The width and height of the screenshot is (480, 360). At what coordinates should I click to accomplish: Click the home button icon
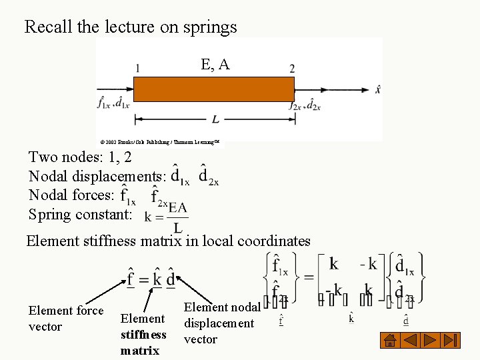pos(391,340)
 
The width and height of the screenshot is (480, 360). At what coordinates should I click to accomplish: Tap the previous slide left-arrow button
pos(411,340)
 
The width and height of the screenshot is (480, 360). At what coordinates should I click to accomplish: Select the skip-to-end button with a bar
pos(451,340)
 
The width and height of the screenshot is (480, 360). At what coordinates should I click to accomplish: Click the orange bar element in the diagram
pos(214,89)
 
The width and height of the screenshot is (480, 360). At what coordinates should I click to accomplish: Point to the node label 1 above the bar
pos(137,67)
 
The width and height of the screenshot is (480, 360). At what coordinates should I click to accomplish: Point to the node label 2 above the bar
pos(292,68)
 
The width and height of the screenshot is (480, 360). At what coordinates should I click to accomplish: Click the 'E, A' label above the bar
pos(215,64)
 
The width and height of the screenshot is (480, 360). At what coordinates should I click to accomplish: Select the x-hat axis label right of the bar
pos(378,89)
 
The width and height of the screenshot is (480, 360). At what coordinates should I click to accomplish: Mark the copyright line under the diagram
pos(159,142)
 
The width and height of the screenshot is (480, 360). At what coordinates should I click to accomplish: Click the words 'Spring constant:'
pos(80,215)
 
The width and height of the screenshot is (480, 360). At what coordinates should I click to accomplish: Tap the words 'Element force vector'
pos(65,318)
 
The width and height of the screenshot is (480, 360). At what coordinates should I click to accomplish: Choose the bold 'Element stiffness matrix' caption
pos(143,334)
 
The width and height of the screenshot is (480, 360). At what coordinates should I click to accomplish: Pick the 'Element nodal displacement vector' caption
pos(219,323)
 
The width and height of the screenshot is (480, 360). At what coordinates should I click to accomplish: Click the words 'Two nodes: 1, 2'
pos(80,157)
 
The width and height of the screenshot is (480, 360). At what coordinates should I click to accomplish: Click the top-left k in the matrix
pos(334,264)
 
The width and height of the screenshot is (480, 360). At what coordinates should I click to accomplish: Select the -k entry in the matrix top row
pos(368,264)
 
